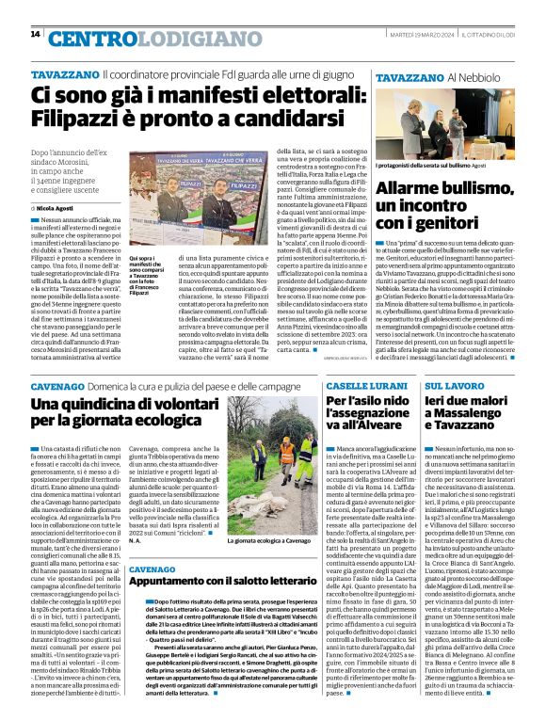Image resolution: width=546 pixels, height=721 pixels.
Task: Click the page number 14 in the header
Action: [35, 34]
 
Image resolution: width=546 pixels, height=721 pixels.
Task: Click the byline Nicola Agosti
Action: [54, 207]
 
